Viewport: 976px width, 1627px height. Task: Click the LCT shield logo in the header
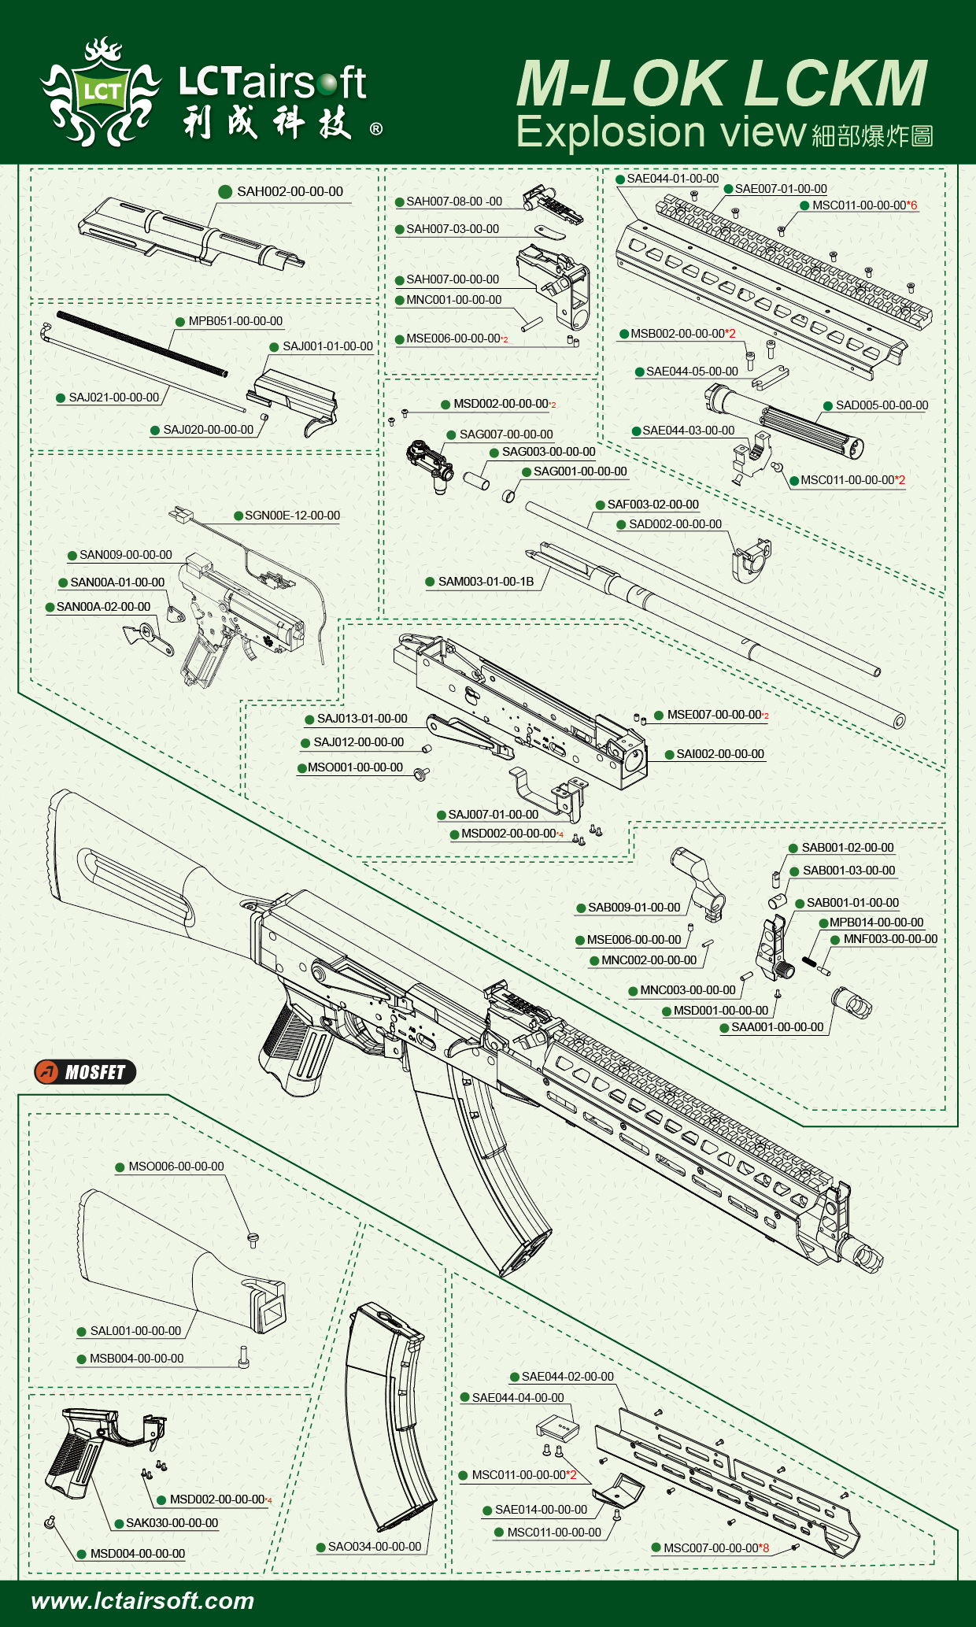click(x=100, y=93)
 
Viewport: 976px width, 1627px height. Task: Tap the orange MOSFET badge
click(x=85, y=1071)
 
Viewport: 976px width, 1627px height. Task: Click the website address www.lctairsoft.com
click(x=142, y=1600)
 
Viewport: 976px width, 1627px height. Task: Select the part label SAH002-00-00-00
click(x=289, y=191)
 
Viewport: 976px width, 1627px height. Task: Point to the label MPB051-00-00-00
click(x=235, y=321)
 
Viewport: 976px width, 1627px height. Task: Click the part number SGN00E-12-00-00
click(x=292, y=516)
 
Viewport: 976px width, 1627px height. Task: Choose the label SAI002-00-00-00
click(x=719, y=754)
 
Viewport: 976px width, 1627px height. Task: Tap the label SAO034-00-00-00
click(x=374, y=1547)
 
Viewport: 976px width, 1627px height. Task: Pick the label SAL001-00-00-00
click(x=135, y=1331)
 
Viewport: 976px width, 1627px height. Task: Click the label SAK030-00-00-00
click(x=172, y=1523)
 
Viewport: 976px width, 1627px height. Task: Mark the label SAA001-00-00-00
click(x=777, y=1027)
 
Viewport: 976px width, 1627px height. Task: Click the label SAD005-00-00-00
click(x=882, y=405)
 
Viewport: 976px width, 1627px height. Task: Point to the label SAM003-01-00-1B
click(x=485, y=582)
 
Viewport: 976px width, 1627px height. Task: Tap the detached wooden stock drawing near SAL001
click(x=173, y=1259)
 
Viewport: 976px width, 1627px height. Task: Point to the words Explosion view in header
click(x=661, y=131)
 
